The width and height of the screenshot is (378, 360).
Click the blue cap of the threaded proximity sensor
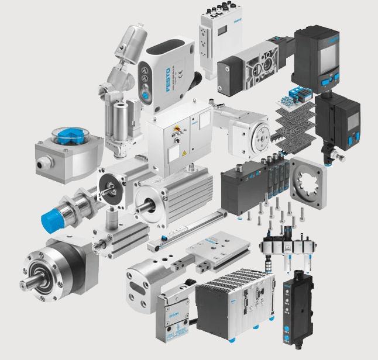tap(52, 219)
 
